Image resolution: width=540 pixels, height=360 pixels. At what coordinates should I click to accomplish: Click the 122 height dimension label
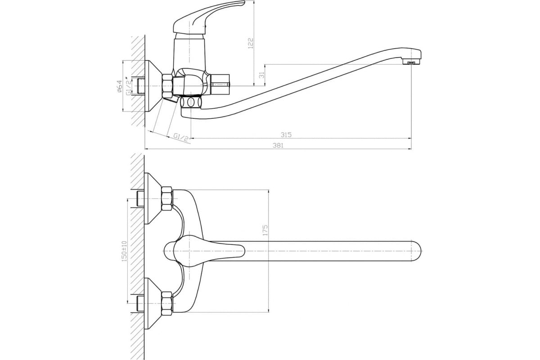[x=251, y=43]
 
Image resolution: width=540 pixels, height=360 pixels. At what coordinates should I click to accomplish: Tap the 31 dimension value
[x=262, y=75]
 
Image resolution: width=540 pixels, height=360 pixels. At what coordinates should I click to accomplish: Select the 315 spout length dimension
[x=286, y=134]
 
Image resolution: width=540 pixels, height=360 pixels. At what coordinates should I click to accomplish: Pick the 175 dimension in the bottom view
[x=265, y=230]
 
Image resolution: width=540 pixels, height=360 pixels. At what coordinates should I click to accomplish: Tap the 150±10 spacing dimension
[x=124, y=251]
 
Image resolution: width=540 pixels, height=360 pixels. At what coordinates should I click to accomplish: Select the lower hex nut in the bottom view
[x=166, y=302]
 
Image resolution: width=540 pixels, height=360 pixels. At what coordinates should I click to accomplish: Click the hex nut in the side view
[x=167, y=86]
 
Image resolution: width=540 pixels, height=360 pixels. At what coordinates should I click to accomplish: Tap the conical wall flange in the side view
[x=153, y=86]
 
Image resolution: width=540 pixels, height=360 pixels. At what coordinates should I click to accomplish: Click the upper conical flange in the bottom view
[x=153, y=198]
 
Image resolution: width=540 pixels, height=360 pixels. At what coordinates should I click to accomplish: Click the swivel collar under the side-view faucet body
[x=191, y=102]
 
